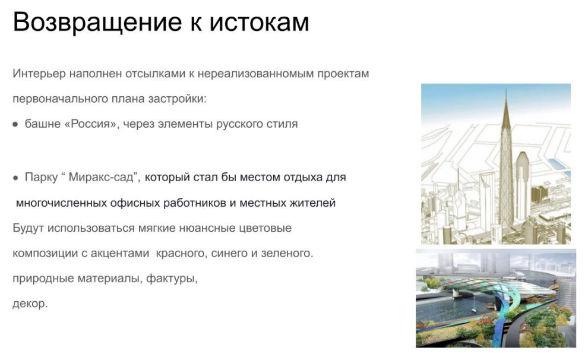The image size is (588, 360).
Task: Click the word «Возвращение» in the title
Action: point(94,23)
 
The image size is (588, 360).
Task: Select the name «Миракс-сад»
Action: point(104,177)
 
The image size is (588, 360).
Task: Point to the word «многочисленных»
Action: point(61,203)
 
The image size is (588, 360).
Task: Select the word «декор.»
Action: point(30,304)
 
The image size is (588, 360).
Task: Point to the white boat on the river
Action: point(475,309)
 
